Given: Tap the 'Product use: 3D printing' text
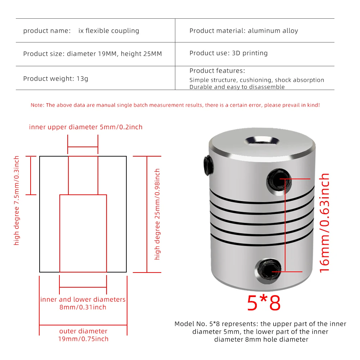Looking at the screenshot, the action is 229,53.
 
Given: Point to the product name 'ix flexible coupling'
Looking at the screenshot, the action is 109,31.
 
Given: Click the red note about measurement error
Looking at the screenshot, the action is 175,105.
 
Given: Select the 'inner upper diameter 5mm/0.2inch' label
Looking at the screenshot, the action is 86,127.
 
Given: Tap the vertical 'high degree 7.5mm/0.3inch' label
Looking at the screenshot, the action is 16,201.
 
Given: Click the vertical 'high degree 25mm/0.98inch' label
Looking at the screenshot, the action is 157,214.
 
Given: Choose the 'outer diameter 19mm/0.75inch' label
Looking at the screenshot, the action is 83,335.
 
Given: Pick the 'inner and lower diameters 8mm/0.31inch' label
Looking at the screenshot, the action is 83,303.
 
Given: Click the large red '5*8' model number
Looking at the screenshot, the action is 264,303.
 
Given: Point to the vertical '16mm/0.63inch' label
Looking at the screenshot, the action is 324,223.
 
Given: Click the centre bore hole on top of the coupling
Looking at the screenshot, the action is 262,141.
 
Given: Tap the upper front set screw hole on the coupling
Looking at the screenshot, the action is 279,181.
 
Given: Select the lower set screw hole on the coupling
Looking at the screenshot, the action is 268,270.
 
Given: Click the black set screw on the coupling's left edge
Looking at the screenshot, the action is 208,165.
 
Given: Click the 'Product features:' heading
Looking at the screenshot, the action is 217,71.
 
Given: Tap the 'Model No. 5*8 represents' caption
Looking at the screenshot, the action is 260,332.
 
